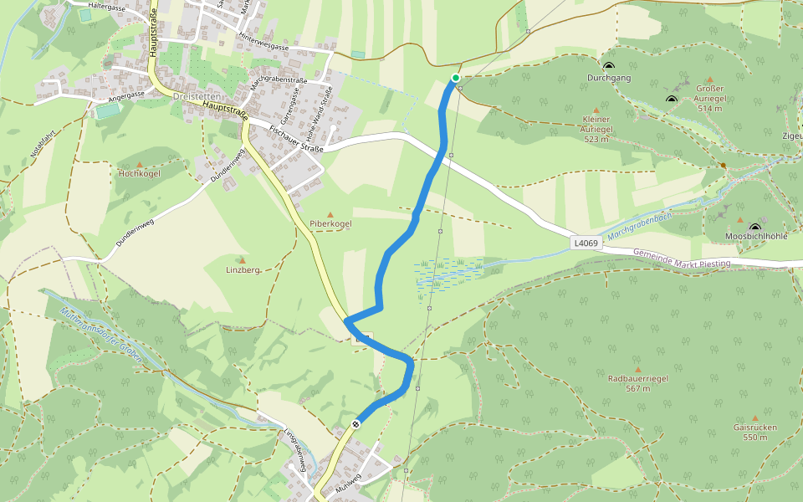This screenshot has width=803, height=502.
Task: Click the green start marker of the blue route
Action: coord(456,78)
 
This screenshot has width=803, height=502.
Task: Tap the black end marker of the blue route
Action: coord(356,424)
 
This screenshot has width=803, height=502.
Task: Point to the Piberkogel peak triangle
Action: coord(330,214)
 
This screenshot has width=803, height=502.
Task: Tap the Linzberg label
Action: coord(243,270)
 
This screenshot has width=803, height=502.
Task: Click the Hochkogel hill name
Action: coord(139,174)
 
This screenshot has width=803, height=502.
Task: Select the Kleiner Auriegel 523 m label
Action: coord(596,129)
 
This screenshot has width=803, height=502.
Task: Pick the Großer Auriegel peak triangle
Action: coord(709,79)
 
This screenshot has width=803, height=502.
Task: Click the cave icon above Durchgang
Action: coord(608,66)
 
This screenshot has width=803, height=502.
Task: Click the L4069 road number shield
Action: coord(586,243)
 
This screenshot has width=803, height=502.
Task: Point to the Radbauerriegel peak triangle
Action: coord(638,369)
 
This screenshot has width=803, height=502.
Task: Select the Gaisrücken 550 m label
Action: coord(754,432)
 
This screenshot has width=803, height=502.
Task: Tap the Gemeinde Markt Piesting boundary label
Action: coord(681,258)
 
